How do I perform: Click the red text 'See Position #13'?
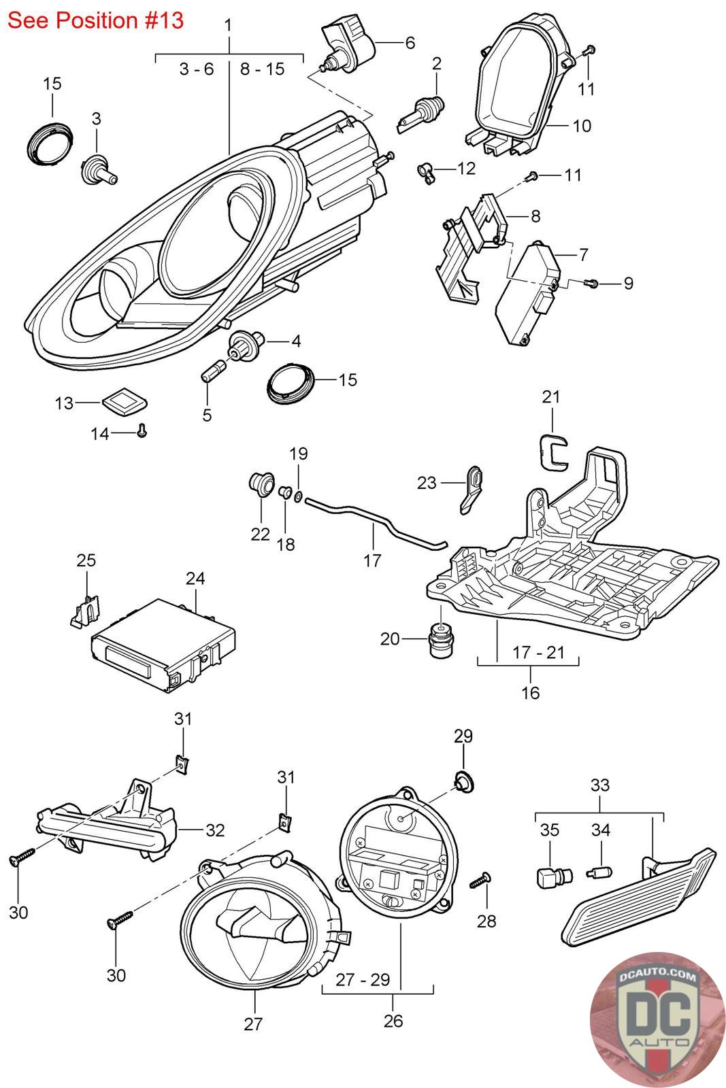tap(95, 20)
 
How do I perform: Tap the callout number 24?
tap(195, 578)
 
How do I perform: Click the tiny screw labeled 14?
tap(142, 430)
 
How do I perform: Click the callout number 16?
tap(530, 692)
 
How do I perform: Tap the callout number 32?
tap(215, 830)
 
